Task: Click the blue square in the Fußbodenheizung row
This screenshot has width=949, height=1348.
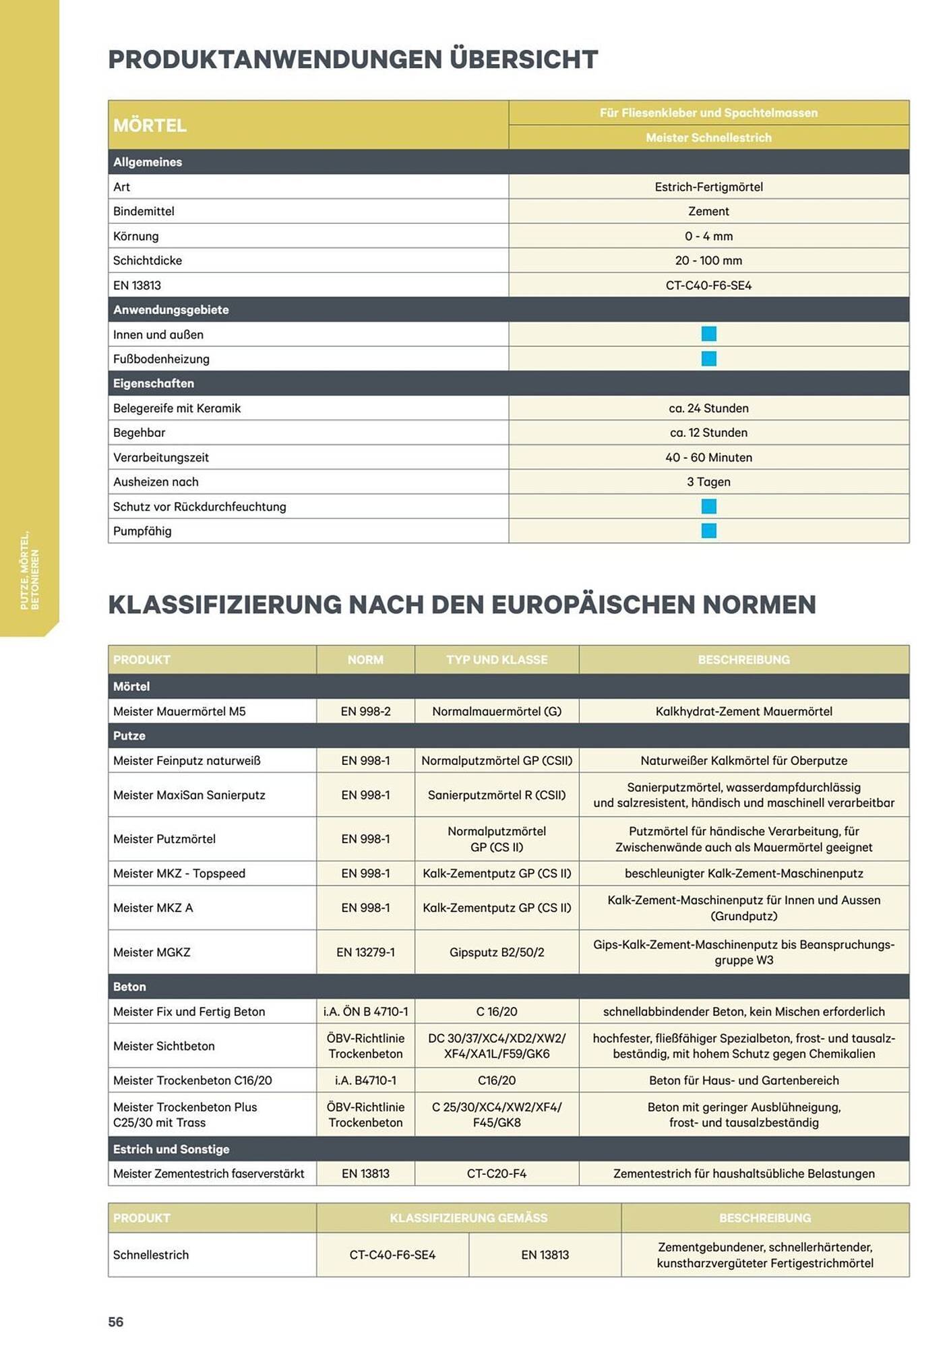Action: coord(708,359)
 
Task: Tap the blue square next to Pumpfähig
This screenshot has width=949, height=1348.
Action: coord(708,531)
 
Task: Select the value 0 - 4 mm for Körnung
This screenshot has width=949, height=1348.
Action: coord(708,236)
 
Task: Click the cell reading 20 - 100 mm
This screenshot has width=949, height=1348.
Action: coord(708,260)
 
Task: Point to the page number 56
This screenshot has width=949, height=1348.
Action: coord(116,1322)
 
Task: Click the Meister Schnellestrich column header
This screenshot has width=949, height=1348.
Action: coord(708,137)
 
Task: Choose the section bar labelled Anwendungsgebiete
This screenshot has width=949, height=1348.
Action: coord(171,310)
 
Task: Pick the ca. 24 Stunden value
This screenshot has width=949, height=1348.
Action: coord(708,408)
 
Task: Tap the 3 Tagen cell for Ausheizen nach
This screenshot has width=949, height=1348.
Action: coord(708,482)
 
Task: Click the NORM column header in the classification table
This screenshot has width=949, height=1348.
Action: coord(365,660)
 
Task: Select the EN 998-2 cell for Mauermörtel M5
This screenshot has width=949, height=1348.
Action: coord(365,711)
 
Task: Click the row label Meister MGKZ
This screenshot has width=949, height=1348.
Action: coord(152,952)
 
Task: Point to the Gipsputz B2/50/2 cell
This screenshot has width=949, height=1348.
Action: coord(497,952)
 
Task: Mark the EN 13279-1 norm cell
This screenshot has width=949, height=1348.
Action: coord(365,952)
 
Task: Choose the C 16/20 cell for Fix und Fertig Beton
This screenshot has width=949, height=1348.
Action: coord(497,1012)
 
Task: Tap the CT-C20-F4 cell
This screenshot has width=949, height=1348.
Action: coord(497,1173)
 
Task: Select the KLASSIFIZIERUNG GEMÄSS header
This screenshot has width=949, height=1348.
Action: coord(468,1218)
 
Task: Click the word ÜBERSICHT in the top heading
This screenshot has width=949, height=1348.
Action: coord(524,59)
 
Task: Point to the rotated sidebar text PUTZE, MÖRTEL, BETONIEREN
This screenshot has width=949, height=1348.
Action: coord(30,570)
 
